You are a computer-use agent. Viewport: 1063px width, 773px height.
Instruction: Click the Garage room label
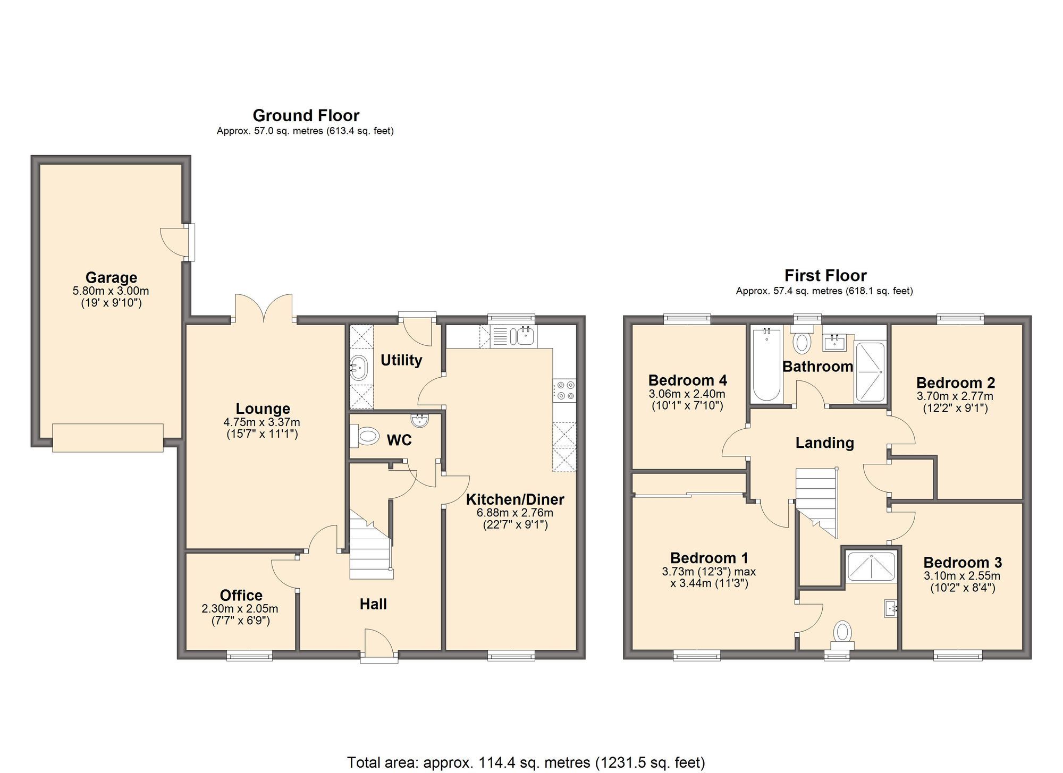pos(111,277)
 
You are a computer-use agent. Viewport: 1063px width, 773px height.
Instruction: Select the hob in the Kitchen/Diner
pos(564,390)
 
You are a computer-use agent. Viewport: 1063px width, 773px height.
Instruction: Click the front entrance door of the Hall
pos(379,644)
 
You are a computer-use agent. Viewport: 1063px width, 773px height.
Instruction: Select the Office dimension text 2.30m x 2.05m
pos(240,609)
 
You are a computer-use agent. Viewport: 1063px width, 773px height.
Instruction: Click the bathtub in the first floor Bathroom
pos(766,365)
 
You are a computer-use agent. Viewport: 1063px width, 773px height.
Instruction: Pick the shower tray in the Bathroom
pos(870,372)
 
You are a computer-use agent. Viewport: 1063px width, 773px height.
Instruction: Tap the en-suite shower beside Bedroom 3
pos(871,566)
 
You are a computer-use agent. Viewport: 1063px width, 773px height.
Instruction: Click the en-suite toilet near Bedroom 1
pos(842,634)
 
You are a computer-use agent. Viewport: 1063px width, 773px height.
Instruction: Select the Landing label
pos(824,443)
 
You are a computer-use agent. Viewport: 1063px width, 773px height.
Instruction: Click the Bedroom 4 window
pos(687,319)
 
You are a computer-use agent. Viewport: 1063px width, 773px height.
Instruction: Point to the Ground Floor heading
pos(306,115)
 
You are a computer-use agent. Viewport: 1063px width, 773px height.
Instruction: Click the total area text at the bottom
pos(526,762)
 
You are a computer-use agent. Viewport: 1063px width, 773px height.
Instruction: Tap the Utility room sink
pos(359,367)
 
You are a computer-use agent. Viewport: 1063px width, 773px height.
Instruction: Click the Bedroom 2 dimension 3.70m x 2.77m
pos(955,396)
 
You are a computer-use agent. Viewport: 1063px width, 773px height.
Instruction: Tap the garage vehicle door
pos(108,438)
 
